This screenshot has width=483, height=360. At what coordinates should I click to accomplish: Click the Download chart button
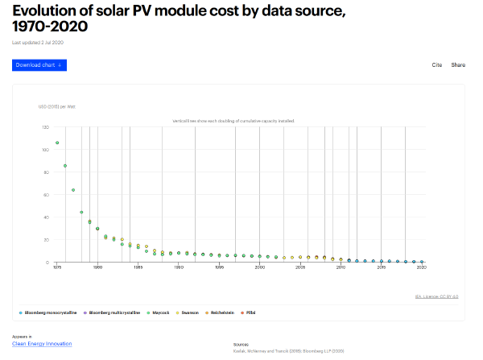[39, 64]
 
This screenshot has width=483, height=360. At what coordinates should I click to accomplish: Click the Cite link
[437, 64]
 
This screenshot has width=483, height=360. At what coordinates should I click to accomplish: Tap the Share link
[458, 64]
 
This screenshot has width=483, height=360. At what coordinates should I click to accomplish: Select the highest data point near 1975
[57, 143]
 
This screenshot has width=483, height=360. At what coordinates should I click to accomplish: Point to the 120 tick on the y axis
[45, 127]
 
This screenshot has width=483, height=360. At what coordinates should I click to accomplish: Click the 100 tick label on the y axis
[45, 150]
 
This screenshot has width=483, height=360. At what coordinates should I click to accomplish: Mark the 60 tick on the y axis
[46, 195]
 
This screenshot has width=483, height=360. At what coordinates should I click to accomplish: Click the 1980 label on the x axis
[97, 267]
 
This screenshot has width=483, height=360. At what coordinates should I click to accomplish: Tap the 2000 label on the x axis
[259, 267]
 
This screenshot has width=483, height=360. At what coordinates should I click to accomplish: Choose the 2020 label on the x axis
[421, 267]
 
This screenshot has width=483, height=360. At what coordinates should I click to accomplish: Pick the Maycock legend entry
[161, 312]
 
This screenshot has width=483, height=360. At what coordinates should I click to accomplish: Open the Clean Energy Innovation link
[42, 344]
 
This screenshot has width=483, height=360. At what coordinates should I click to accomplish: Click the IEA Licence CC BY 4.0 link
[436, 296]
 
